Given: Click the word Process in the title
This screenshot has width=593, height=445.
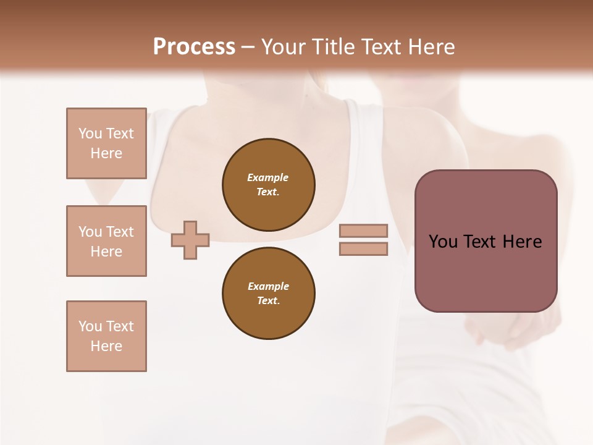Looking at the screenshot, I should [194, 46].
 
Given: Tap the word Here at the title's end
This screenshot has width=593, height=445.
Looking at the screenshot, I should [431, 47].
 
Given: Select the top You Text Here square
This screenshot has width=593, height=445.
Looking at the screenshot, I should [106, 143].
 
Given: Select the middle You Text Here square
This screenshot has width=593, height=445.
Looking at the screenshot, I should [106, 241].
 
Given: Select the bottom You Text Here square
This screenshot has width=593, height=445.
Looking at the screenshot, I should [106, 336].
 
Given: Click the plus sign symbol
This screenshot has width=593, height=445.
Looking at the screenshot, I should [190, 240].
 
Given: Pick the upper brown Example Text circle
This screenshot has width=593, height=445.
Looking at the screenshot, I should [269, 185].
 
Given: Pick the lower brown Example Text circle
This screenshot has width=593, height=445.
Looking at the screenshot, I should [269, 294].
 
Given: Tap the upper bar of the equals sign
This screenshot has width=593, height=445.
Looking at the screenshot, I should [363, 231].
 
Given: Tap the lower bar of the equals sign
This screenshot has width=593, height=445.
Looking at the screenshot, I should [363, 248].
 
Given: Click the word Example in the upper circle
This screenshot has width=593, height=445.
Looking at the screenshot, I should [268, 177].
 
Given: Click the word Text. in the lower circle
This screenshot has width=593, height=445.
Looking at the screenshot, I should [268, 300].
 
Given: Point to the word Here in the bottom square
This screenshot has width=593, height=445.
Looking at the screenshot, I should [106, 346].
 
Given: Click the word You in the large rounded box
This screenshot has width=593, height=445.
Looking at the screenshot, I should [443, 242].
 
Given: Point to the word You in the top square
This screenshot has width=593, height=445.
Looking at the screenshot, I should [90, 133].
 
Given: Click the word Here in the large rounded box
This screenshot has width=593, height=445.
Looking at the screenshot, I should [522, 242].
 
